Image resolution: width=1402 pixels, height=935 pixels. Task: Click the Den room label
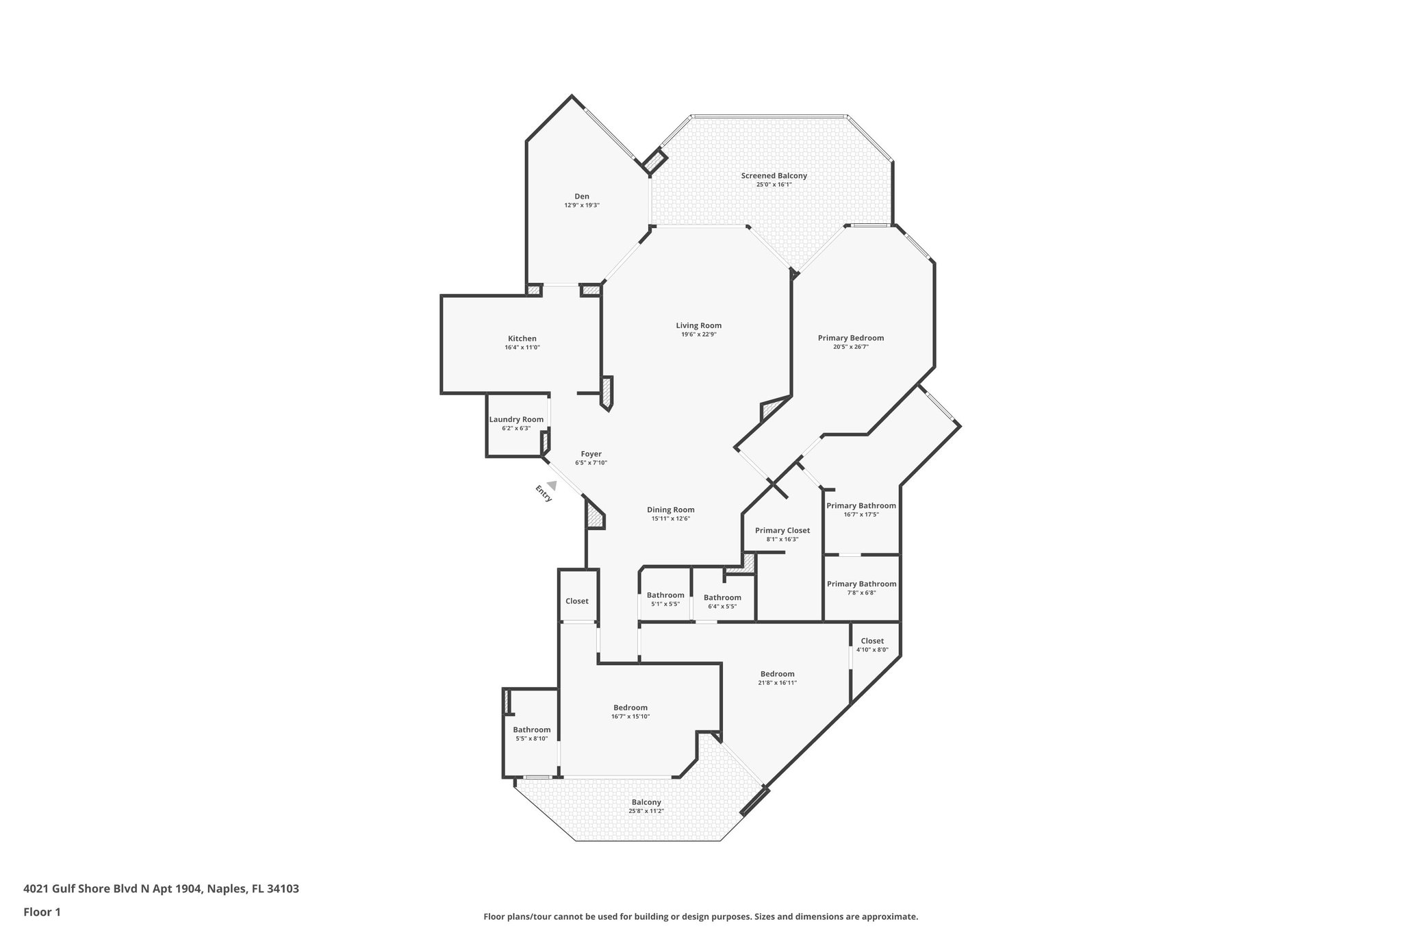coord(581,197)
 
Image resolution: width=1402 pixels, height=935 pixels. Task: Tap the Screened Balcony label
coord(774,176)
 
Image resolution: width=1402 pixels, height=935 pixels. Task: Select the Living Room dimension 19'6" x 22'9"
coord(698,335)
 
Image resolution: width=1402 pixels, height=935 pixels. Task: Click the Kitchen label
coord(522,338)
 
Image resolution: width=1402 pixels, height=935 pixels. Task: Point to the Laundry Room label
coord(516,420)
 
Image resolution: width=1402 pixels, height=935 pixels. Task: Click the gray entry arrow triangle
coord(551,485)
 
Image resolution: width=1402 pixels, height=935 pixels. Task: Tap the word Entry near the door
coord(543,494)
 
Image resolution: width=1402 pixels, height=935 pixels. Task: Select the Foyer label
coord(591,454)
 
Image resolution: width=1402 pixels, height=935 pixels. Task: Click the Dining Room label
coord(670,510)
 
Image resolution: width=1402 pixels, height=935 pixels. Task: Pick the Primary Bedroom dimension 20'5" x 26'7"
coord(850,347)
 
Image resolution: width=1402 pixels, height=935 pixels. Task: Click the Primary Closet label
coord(782,531)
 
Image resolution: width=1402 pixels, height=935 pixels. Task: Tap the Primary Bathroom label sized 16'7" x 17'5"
coord(861,506)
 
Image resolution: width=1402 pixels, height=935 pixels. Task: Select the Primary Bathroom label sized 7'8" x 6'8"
coord(861,584)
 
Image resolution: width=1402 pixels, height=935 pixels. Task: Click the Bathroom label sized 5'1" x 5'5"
coord(665,595)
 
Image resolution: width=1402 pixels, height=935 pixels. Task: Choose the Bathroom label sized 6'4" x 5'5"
coord(722,597)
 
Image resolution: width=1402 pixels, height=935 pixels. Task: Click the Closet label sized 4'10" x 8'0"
coord(871,641)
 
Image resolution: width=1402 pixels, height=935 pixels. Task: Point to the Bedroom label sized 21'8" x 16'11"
coord(777,674)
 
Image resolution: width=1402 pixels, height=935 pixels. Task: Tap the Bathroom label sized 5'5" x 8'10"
coord(531,730)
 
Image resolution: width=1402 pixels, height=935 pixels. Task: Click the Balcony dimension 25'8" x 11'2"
coord(646,811)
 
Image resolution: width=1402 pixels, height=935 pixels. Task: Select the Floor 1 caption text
coord(42,912)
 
